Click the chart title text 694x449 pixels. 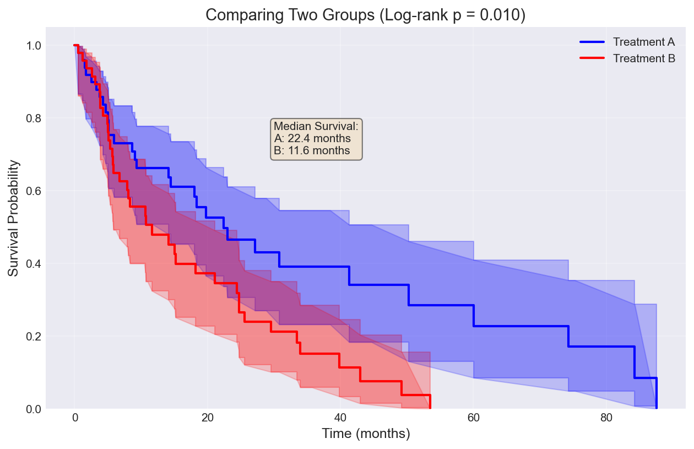[365, 15]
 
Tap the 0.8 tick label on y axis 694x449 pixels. [33, 118]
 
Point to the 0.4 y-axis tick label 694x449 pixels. [33, 264]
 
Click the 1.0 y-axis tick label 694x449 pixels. [33, 46]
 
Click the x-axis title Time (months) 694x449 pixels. [366, 434]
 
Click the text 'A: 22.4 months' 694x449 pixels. [312, 138]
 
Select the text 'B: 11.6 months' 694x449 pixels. [311, 150]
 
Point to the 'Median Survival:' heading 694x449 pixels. [316, 127]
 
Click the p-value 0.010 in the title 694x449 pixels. [503, 15]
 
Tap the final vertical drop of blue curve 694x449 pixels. [657, 393]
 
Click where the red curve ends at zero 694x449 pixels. [430, 408]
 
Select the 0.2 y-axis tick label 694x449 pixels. [33, 337]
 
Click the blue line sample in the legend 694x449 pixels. [592, 42]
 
